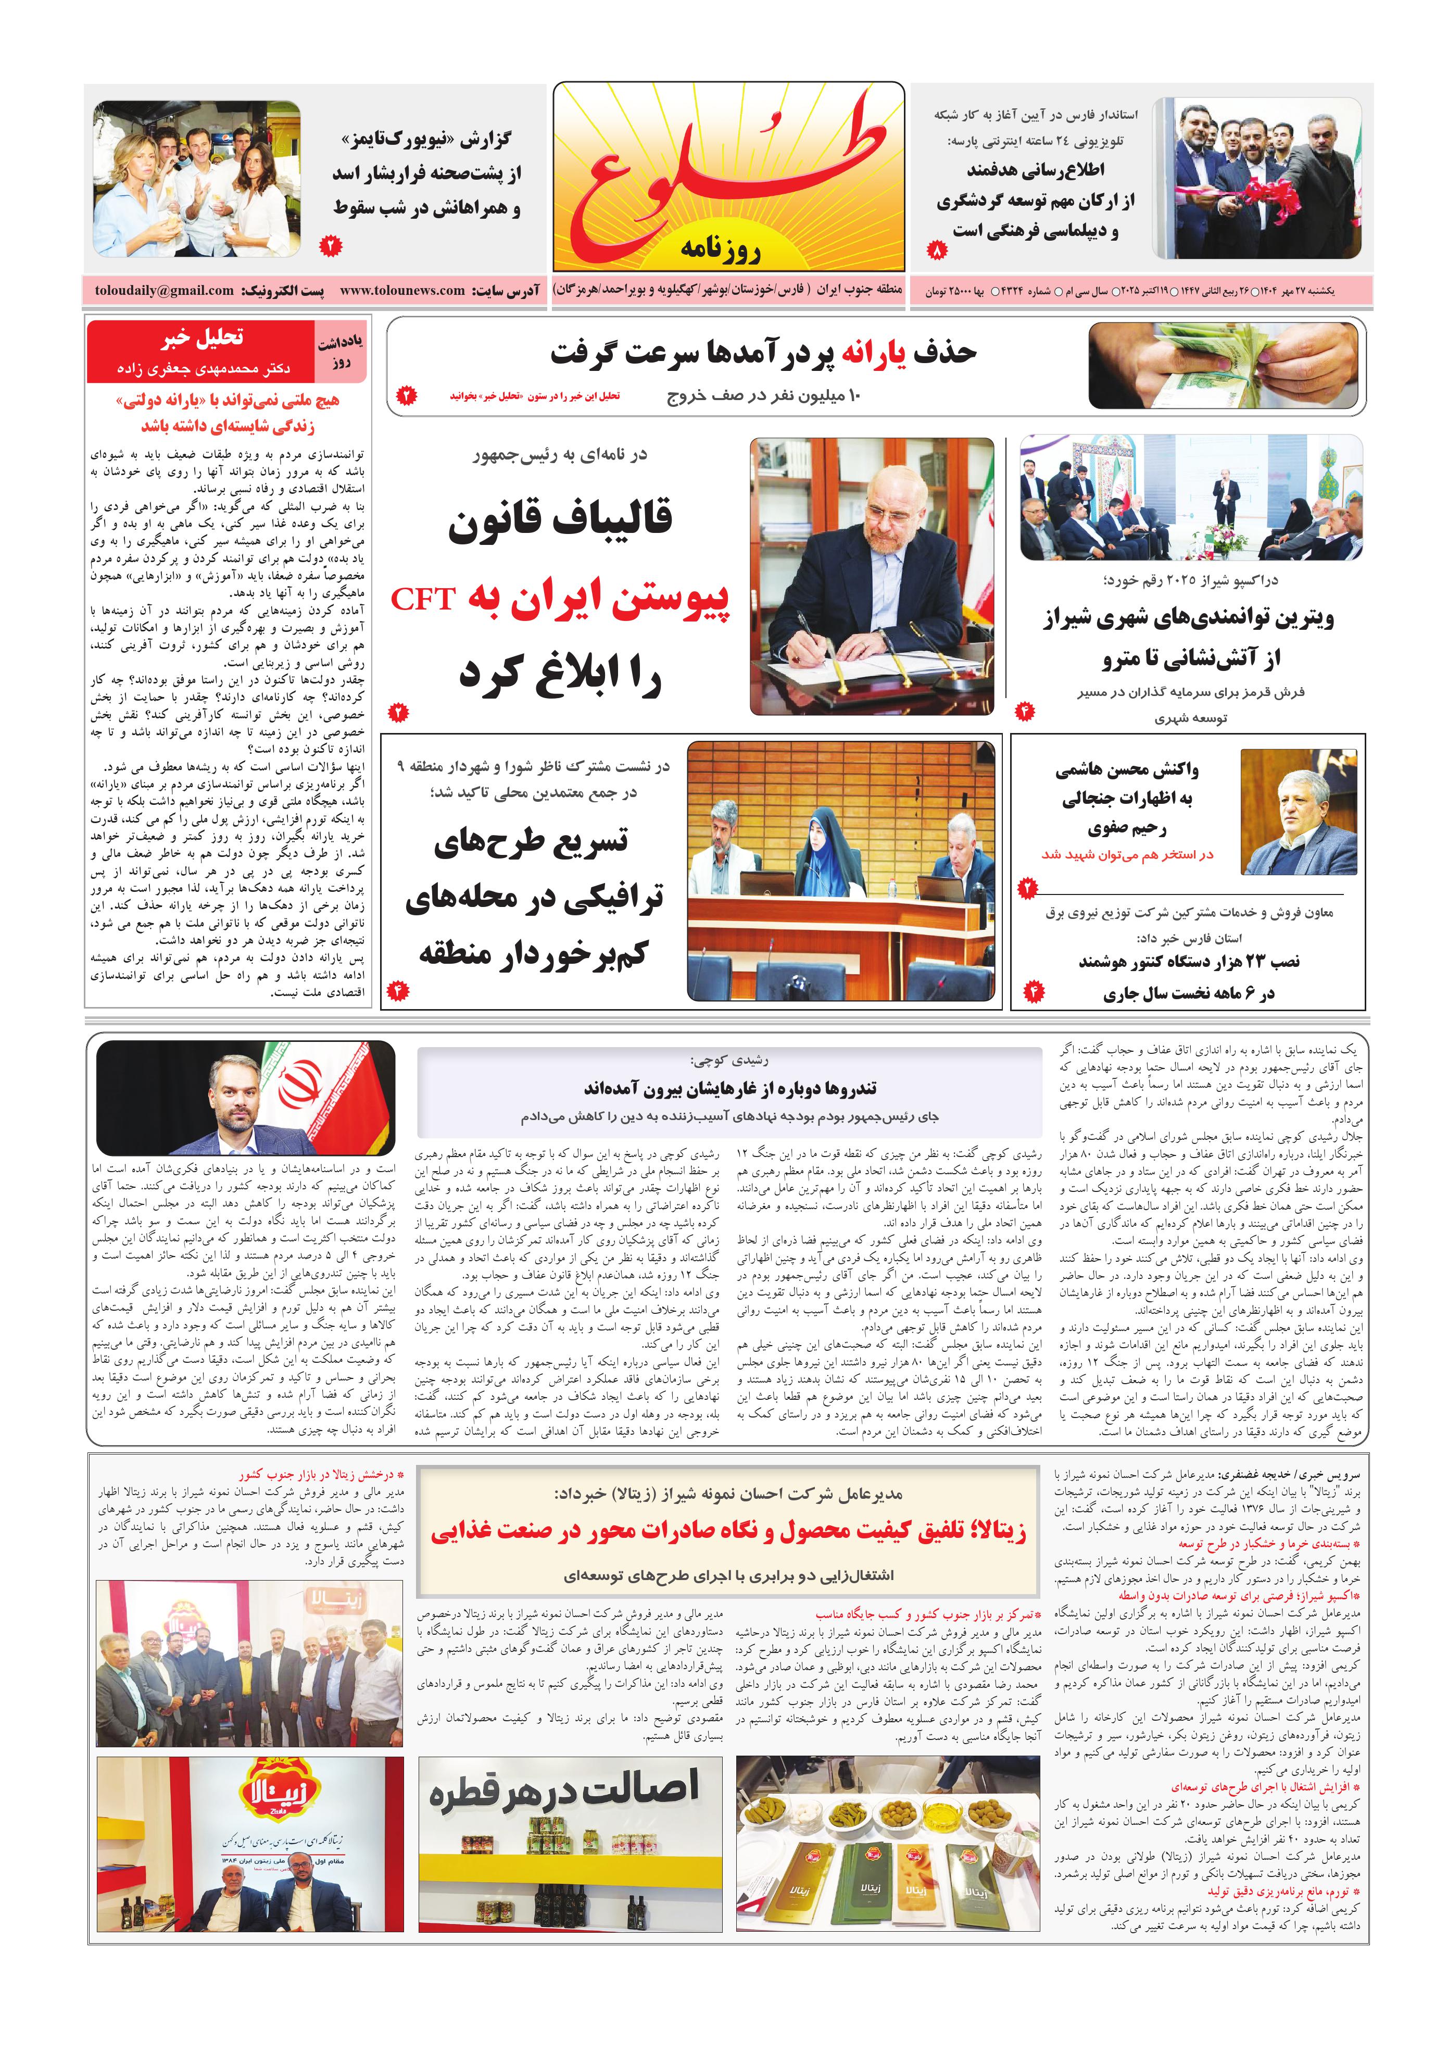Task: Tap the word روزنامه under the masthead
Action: pyautogui.click(x=720, y=249)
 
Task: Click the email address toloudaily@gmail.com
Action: pyautogui.click(x=165, y=290)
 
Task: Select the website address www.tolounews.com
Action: pyautogui.click(x=402, y=290)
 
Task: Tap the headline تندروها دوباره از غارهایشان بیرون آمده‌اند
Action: pyautogui.click(x=729, y=1088)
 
